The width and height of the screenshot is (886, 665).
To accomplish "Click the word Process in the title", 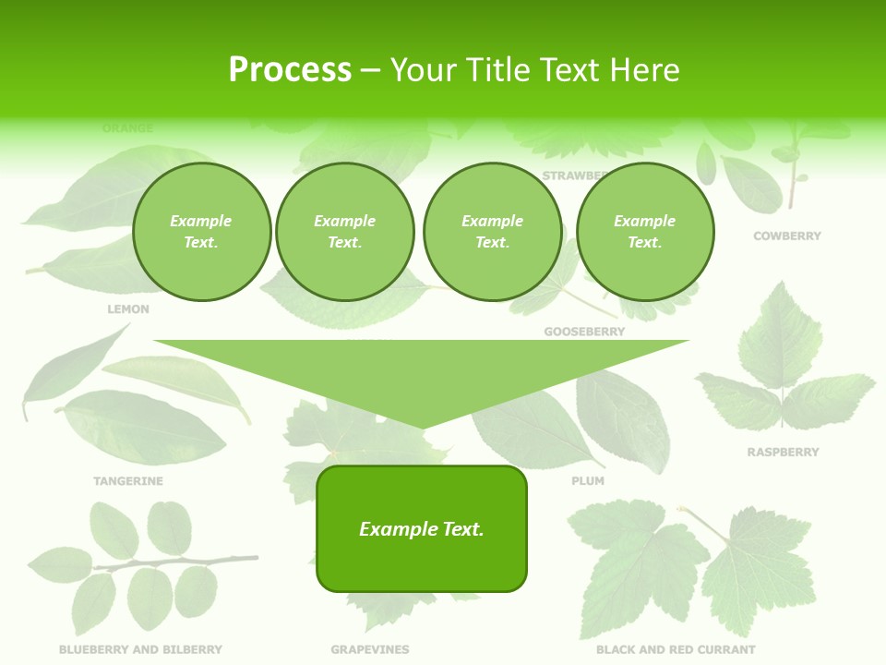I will tap(290, 70).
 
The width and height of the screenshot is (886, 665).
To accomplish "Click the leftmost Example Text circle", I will tap(201, 232).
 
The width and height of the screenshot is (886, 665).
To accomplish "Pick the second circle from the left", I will tap(344, 232).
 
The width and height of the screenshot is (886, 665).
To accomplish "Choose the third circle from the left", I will tap(492, 232).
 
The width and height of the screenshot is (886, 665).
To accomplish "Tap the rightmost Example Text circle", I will tap(644, 232).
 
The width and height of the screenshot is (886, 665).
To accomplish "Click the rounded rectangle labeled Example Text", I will tap(422, 528).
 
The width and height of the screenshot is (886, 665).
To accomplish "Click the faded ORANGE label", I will tap(128, 128).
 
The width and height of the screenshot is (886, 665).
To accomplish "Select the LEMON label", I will tap(128, 309).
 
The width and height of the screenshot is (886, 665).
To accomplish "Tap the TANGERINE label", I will tap(128, 481).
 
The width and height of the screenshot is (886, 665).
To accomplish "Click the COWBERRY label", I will tap(786, 236).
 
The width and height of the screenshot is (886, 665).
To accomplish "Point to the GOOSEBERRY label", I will tap(584, 332).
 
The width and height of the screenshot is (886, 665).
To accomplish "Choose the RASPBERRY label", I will tap(783, 453).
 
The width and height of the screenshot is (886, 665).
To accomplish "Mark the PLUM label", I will tap(588, 481).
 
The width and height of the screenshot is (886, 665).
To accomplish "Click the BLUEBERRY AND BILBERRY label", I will tap(140, 650).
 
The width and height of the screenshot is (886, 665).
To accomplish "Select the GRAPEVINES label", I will tap(370, 650).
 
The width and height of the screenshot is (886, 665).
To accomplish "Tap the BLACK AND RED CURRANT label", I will tap(676, 650).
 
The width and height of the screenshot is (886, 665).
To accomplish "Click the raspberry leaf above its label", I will tap(783, 369).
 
